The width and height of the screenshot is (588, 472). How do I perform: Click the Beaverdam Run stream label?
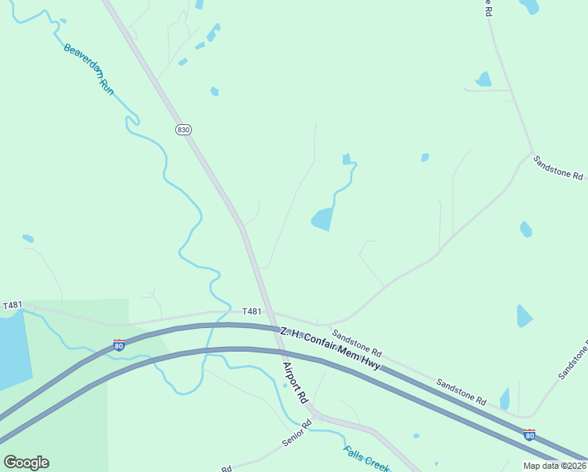[89, 69]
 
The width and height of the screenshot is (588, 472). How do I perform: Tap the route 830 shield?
[183, 130]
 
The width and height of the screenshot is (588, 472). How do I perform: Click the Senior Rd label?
[297, 433]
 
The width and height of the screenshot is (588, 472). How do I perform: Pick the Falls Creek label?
[366, 459]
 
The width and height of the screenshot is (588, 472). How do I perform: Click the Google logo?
[26, 463]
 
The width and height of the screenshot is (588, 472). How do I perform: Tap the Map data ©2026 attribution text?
[554, 466]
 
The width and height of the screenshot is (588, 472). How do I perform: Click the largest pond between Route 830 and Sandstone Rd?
[322, 219]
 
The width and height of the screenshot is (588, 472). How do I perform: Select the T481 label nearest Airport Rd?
[252, 312]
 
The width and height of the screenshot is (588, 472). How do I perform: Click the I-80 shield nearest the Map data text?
[530, 434]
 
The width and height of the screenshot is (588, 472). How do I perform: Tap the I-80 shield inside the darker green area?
[119, 345]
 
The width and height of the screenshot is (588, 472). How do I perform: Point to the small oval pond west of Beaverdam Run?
[28, 238]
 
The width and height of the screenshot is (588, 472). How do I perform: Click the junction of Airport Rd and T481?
[270, 314]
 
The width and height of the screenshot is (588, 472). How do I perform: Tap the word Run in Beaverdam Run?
[106, 87]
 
